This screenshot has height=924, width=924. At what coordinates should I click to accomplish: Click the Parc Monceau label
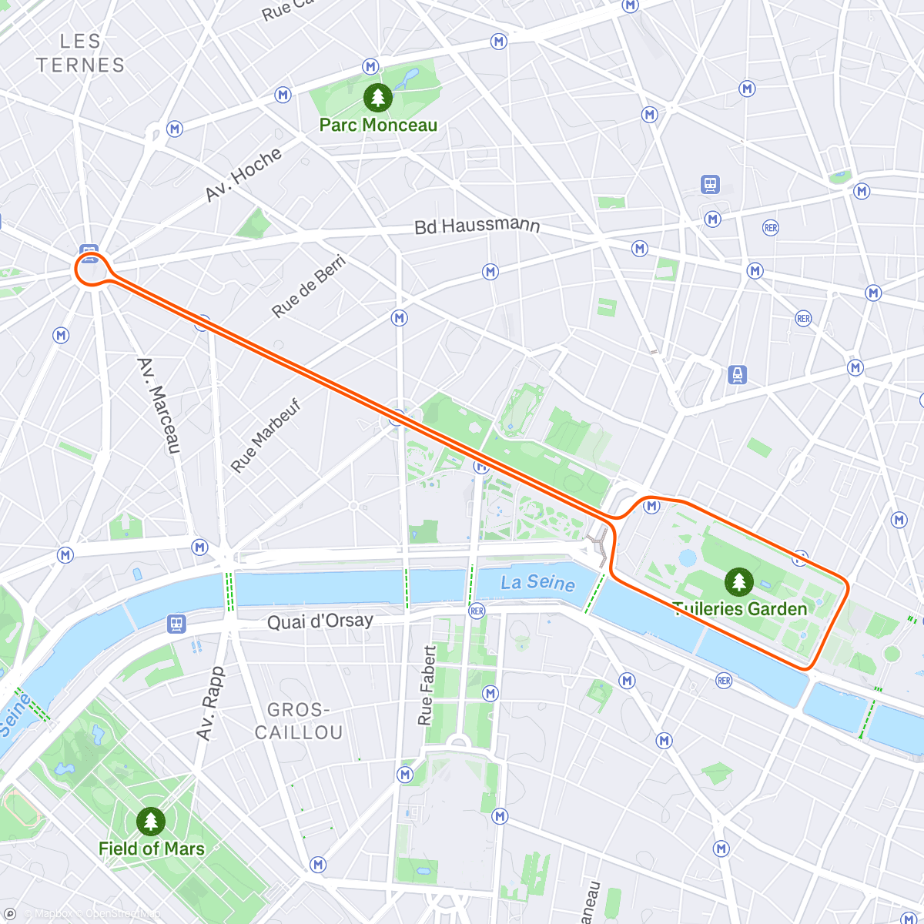point(378,125)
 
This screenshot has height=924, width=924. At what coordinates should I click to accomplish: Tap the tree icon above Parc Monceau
point(377,98)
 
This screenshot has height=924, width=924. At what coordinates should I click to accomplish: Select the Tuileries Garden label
point(740,608)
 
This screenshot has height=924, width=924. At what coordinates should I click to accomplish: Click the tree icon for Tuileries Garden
point(739,581)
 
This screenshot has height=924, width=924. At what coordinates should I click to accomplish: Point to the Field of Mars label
point(152,849)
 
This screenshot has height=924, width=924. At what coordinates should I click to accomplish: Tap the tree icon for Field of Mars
point(151,822)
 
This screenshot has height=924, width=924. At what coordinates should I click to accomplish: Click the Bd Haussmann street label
point(477,226)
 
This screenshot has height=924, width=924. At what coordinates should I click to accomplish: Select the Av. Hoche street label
point(243,175)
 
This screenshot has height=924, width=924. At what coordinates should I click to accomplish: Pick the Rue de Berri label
point(309,286)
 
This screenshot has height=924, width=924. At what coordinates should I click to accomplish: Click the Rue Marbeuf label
point(266,436)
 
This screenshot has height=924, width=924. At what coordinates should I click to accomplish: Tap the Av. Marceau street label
point(159,405)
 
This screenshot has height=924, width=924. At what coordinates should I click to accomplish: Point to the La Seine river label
point(537,583)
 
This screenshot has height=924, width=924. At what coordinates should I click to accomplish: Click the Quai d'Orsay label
point(320,621)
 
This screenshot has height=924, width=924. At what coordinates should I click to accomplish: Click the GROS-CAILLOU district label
point(299,721)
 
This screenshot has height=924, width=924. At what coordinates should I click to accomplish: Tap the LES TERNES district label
point(81,53)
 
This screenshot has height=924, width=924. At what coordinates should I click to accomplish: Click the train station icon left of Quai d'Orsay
point(176,624)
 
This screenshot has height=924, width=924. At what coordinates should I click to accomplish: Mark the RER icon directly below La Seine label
point(477,611)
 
